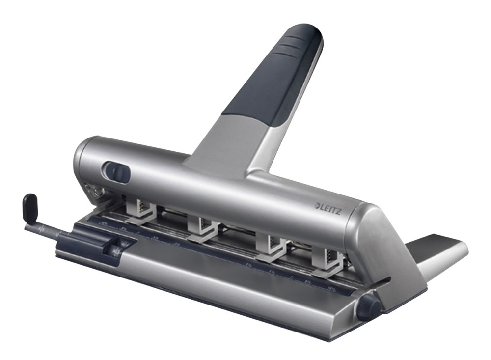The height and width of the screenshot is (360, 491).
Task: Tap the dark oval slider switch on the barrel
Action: (117, 173)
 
